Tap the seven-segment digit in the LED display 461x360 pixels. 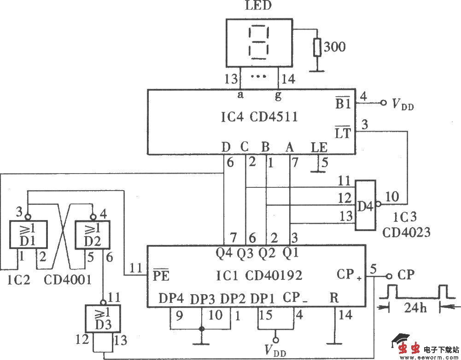click(x=258, y=43)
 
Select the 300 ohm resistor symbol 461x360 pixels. click(x=316, y=47)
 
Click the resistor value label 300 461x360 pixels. click(x=334, y=46)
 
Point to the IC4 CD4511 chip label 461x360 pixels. click(x=250, y=117)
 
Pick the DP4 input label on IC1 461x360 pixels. click(x=171, y=298)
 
